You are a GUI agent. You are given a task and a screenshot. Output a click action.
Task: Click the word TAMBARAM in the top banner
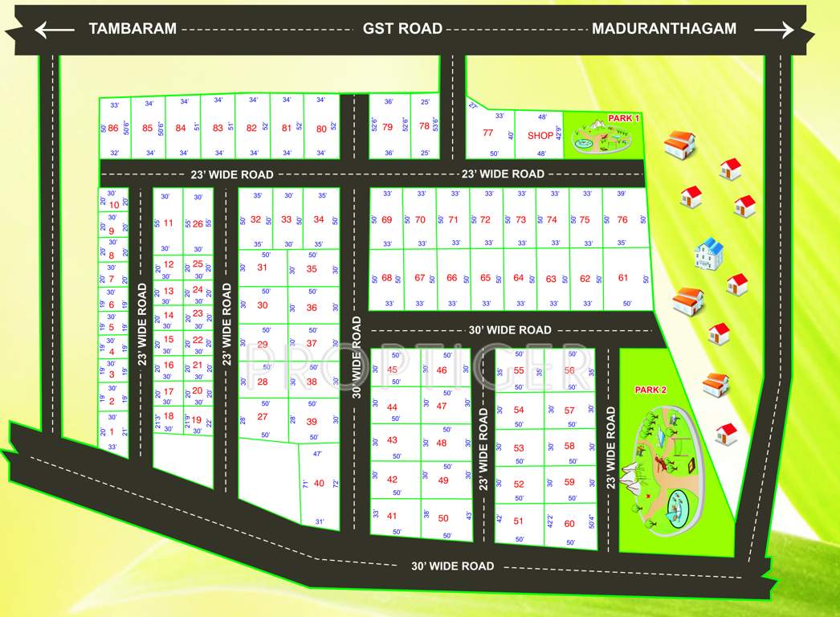(x=133, y=29)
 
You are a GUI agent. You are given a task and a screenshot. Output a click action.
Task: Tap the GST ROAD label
(x=402, y=29)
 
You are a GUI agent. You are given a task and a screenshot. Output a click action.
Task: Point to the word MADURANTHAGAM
(x=664, y=29)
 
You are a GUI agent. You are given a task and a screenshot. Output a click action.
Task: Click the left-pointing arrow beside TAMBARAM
(x=55, y=31)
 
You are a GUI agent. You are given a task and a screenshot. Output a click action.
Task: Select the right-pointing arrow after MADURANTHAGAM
(x=774, y=31)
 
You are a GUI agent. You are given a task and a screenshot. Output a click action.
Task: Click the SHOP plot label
(x=540, y=136)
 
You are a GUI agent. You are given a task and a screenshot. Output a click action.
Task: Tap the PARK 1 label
(x=624, y=118)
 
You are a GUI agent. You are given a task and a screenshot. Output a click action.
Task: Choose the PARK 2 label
(x=650, y=390)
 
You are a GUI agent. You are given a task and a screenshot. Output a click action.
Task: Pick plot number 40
(x=319, y=483)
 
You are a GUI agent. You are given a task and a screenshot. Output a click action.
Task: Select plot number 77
(x=487, y=133)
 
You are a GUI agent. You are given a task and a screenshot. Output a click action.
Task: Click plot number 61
(x=623, y=278)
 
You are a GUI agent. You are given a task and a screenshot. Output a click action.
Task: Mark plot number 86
(x=113, y=129)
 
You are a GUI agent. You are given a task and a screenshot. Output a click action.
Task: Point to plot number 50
(x=443, y=518)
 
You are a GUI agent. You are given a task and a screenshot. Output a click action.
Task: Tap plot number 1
(x=112, y=431)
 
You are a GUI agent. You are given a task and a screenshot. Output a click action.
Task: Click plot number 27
(x=263, y=417)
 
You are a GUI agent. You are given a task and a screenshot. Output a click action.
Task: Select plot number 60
(x=569, y=524)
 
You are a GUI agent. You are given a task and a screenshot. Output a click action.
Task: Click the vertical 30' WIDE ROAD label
(x=357, y=357)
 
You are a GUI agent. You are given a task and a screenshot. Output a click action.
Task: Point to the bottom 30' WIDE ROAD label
(x=452, y=566)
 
